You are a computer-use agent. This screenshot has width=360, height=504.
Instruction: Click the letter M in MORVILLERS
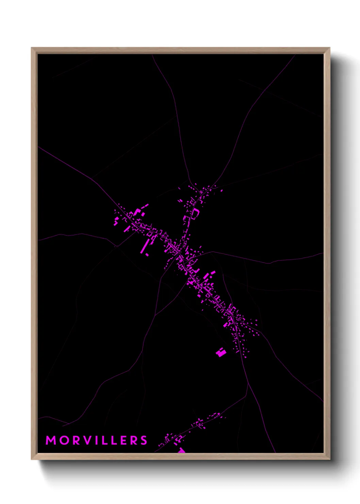[51, 440]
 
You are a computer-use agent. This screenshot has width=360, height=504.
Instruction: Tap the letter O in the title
[64, 440]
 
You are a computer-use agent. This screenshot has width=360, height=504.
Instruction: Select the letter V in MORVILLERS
[88, 440]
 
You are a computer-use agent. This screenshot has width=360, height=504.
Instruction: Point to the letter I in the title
[98, 440]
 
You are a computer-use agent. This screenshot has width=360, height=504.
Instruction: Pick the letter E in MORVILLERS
[123, 440]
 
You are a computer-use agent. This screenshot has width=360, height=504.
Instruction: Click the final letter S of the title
[144, 440]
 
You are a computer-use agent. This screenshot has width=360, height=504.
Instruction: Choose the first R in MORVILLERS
[77, 440]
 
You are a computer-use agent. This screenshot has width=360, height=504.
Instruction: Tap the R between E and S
[134, 440]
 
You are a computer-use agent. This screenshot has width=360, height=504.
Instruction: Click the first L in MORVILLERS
[105, 440]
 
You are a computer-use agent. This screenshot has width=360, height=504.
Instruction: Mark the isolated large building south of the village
[221, 352]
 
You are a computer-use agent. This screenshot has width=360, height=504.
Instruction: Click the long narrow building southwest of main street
[145, 246]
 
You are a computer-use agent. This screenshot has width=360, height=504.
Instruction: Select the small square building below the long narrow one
[147, 254]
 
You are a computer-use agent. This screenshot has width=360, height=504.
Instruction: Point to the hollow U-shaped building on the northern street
[195, 214]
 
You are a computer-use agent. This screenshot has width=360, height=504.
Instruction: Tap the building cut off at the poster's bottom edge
[181, 451]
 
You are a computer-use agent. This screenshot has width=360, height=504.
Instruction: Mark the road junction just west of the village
[117, 246]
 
